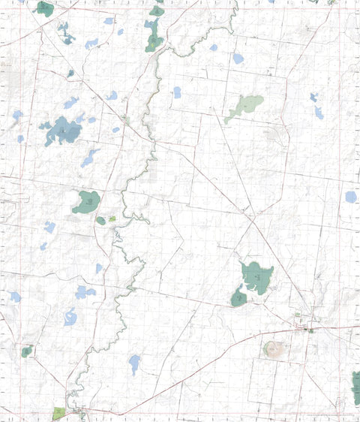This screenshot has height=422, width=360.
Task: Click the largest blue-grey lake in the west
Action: click(x=63, y=132)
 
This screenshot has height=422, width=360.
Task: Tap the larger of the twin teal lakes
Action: click(x=257, y=276)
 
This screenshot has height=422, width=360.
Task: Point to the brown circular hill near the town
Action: click(x=274, y=349)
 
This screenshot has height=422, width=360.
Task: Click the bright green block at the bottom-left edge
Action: click(x=59, y=414)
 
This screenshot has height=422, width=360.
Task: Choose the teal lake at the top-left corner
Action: click(x=45, y=9)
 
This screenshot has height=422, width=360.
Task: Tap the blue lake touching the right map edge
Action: click(x=351, y=197)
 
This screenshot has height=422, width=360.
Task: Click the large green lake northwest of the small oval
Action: click(x=86, y=201)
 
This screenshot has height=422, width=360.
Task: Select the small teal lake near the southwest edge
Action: click(x=27, y=351)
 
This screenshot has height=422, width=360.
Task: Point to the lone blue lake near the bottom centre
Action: click(x=134, y=363)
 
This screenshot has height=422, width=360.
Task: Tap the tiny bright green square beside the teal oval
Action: click(x=112, y=219)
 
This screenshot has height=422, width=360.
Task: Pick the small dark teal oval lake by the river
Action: click(x=100, y=221)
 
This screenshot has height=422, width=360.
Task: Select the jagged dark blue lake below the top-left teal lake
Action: click(x=65, y=33)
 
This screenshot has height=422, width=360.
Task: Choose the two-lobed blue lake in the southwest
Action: click(x=83, y=291)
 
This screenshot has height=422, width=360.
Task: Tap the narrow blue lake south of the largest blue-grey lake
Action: click(x=89, y=158)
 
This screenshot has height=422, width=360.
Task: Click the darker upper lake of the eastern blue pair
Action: click(x=313, y=97)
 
